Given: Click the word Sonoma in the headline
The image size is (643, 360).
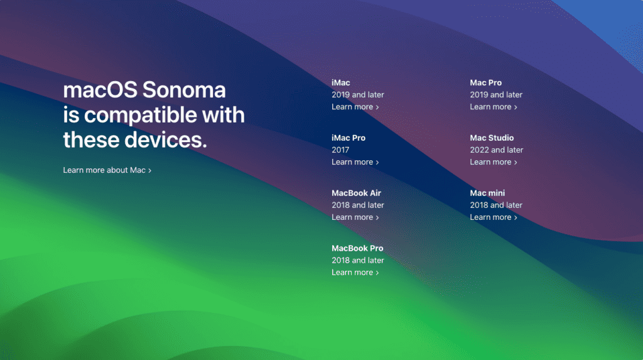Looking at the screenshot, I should click(x=184, y=90).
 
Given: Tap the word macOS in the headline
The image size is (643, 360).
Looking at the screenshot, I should click(x=100, y=90).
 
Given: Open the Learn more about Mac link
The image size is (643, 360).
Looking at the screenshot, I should click(x=107, y=170).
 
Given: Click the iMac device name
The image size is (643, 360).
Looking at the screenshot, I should click(x=341, y=83).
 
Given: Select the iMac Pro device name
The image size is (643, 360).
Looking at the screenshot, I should click(x=349, y=138).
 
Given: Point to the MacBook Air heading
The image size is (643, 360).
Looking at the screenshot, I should click(x=356, y=194).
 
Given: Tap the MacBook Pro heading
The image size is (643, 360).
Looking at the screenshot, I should click(x=357, y=249).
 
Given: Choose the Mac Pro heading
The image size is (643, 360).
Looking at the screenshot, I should click(x=485, y=83).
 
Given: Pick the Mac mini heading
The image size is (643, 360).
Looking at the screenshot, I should click(x=487, y=194).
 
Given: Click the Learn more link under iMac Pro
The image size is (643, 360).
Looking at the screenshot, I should click(x=355, y=162).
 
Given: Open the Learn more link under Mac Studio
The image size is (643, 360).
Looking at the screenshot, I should click(x=493, y=162).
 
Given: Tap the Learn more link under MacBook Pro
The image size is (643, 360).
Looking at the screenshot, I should click(x=355, y=273).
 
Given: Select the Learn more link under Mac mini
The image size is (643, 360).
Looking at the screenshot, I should click(x=493, y=217).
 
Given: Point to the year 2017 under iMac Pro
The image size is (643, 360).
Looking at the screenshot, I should click(x=340, y=150).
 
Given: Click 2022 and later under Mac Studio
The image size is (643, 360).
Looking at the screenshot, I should click(x=496, y=150).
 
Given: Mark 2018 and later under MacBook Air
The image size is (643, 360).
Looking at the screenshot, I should click(x=357, y=205).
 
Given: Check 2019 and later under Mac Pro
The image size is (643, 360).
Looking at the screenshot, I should click(x=496, y=95).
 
